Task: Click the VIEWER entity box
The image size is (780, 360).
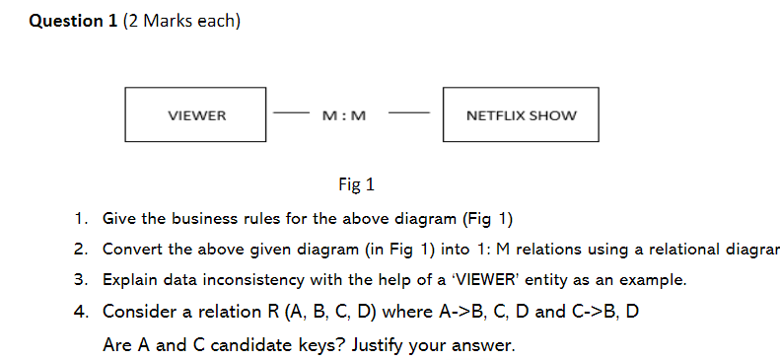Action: click(195, 114)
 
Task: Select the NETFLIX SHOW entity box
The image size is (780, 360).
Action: click(521, 114)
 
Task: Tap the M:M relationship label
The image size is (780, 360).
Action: click(344, 115)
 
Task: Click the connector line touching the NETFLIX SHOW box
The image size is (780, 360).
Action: click(408, 113)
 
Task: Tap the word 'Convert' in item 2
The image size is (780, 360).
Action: click(131, 249)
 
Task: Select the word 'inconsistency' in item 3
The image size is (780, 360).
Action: click(265, 280)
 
